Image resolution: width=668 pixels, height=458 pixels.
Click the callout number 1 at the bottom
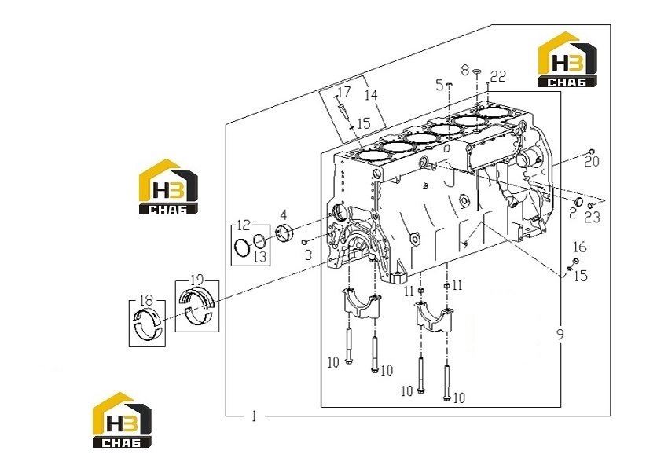(x=255, y=416)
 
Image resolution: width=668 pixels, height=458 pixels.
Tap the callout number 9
(x=560, y=334)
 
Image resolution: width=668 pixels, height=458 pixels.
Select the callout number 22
(x=498, y=76)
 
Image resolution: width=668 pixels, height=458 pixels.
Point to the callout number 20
(x=592, y=162)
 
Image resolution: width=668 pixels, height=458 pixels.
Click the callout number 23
(x=593, y=218)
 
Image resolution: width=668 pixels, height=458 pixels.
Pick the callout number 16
(x=579, y=247)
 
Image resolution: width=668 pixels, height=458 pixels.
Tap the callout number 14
(x=371, y=94)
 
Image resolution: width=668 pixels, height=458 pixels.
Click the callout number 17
(x=344, y=92)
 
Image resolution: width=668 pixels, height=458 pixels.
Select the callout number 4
(x=283, y=214)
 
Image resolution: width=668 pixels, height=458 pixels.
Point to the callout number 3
(x=308, y=255)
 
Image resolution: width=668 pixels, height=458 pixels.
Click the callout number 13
(x=260, y=256)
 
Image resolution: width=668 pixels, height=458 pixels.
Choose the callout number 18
(x=146, y=300)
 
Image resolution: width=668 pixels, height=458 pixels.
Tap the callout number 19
(x=196, y=280)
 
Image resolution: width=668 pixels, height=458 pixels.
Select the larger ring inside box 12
(x=242, y=247)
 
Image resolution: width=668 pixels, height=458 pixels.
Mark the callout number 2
(x=573, y=213)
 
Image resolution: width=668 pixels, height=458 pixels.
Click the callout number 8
(x=465, y=69)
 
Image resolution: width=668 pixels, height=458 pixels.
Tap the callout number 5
(x=439, y=85)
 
